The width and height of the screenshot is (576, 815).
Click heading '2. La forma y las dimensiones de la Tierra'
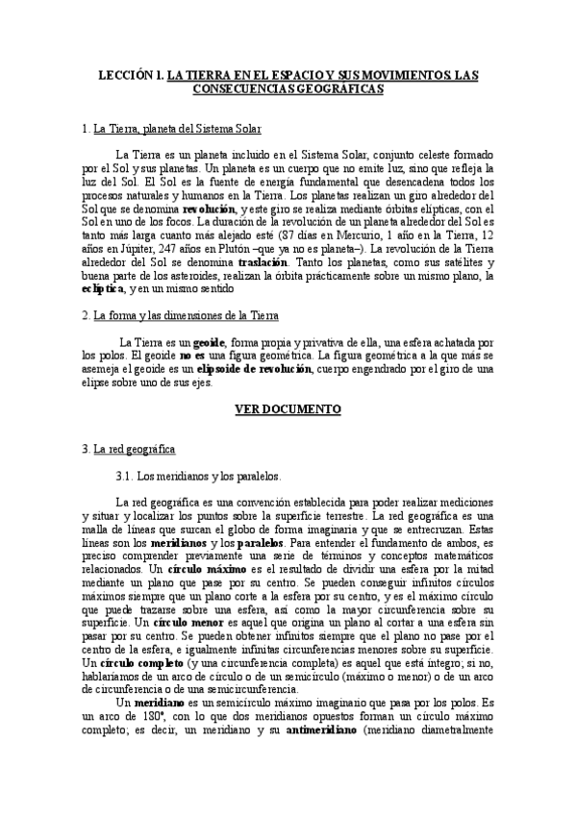(x=183, y=315)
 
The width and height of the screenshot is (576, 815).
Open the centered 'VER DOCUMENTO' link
(x=288, y=409)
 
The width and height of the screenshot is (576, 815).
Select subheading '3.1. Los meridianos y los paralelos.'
(x=197, y=476)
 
